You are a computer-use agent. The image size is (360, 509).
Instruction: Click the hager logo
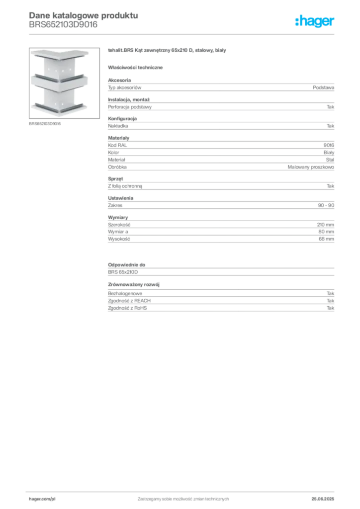[x=315, y=21]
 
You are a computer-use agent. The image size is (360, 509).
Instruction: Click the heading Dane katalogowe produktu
[x=84, y=15]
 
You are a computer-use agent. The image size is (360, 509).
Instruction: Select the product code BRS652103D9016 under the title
[x=63, y=25]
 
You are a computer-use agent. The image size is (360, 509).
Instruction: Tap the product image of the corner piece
[x=64, y=83]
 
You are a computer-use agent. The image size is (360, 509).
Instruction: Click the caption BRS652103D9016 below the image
[x=45, y=124]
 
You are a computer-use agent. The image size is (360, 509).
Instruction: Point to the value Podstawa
[x=323, y=87]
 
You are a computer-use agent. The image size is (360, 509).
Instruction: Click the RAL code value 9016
[x=329, y=145]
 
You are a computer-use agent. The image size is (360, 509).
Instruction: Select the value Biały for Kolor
[x=329, y=152]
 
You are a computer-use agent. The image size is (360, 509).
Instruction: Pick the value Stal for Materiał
[x=330, y=160]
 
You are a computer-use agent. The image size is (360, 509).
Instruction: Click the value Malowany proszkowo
[x=311, y=167]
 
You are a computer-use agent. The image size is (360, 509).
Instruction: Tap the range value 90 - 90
[x=326, y=205]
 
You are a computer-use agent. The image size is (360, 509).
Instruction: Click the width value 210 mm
[x=325, y=225]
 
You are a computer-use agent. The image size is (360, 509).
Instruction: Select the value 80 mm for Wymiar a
[x=326, y=232]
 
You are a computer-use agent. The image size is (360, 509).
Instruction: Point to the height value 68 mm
[x=326, y=239]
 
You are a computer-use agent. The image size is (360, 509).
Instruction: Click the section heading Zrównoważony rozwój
[x=134, y=284]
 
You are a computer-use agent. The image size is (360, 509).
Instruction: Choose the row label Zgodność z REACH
[x=129, y=301]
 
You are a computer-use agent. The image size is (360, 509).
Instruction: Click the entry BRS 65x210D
[x=123, y=272]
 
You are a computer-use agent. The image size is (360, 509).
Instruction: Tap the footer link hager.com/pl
[x=42, y=499]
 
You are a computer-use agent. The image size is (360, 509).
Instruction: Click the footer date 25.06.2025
[x=323, y=499]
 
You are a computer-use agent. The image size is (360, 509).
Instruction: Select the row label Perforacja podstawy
[x=130, y=107]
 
